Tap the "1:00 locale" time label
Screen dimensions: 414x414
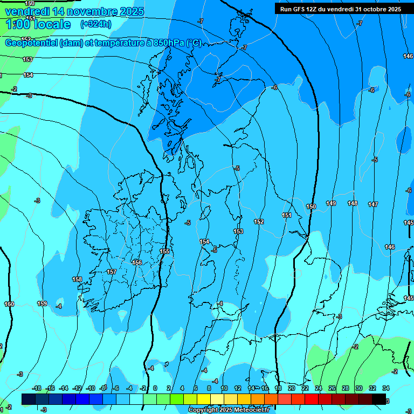click(38, 24)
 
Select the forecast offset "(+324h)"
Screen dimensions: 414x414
click(96, 24)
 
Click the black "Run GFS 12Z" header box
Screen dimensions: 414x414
click(340, 9)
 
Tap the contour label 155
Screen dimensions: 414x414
click(165, 252)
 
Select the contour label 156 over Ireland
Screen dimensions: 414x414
click(137, 263)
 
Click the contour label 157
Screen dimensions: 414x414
click(112, 272)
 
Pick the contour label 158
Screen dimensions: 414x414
click(77, 280)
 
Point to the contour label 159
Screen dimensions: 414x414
click(42, 304)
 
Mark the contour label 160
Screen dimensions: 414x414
click(9, 305)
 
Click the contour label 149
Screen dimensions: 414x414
click(331, 204)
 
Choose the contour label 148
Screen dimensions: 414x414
click(353, 204)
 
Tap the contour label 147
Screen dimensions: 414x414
click(373, 205)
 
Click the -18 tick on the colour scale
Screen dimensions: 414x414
click(37, 389)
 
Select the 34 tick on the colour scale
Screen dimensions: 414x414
click(386, 389)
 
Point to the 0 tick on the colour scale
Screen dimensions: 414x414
click(155, 389)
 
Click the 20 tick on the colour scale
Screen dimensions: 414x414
click(291, 389)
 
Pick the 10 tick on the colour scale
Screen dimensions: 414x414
click(223, 389)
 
